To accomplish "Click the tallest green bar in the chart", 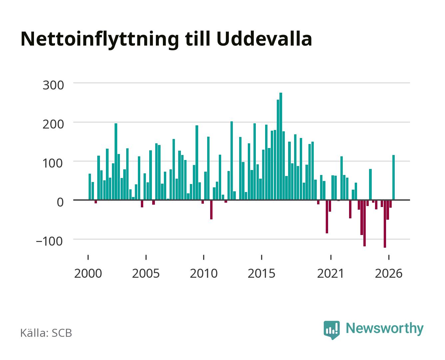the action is click(280, 146).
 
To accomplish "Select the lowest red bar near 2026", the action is click(385, 224).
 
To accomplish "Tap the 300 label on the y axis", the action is click(53, 85).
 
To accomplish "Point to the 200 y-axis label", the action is click(53, 124).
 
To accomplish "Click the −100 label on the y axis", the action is click(49, 241).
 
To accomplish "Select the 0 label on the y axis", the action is click(60, 202).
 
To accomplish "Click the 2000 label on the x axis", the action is click(88, 274).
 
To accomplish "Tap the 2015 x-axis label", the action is click(261, 274).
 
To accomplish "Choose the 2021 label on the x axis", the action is click(330, 274).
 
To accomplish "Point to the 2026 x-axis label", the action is click(389, 274).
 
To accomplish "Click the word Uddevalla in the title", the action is click(264, 39).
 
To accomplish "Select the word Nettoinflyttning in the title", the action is click(100, 40).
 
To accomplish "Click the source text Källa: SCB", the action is click(46, 333).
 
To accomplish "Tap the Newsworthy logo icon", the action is click(331, 330).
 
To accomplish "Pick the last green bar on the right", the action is click(393, 177).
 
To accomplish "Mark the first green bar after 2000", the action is click(90, 187).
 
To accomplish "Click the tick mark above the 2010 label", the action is click(204, 257).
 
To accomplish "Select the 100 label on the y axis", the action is click(53, 163).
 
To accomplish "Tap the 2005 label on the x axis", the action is click(146, 274).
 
